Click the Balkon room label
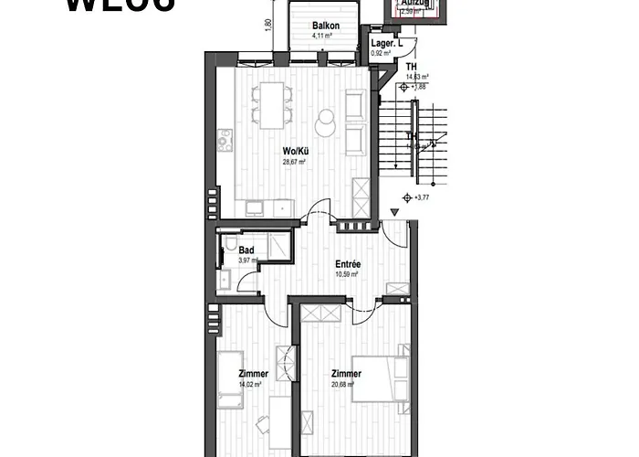point(325,26)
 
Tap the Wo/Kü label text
point(293,152)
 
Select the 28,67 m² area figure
point(293,162)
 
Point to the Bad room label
point(246,249)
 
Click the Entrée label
point(348,264)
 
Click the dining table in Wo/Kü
point(270,105)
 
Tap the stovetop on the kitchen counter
point(225,141)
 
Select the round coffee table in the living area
point(325,121)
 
